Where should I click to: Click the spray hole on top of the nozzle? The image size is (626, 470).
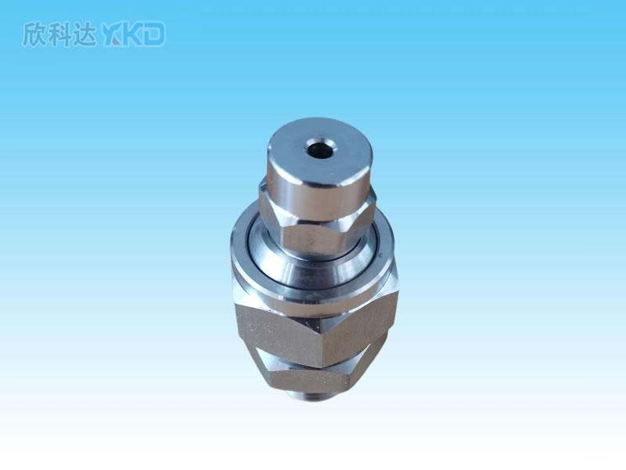320,150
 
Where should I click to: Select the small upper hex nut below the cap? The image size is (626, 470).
318,224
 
